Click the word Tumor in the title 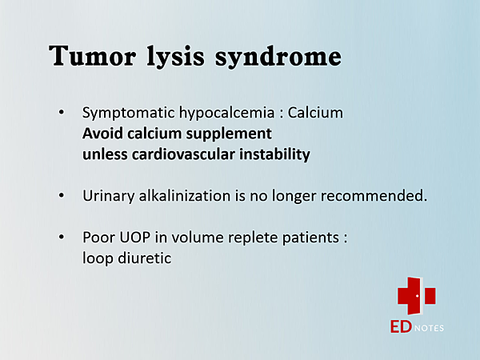92,55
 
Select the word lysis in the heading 175,57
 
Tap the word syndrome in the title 278,57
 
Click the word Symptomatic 128,114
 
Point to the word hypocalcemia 227,114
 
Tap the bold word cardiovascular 183,154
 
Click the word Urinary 108,196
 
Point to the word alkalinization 185,196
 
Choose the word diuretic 145,258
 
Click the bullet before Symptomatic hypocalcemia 62,113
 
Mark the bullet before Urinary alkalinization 62,195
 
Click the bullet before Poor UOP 62,237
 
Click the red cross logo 416,296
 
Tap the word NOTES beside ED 429,328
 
